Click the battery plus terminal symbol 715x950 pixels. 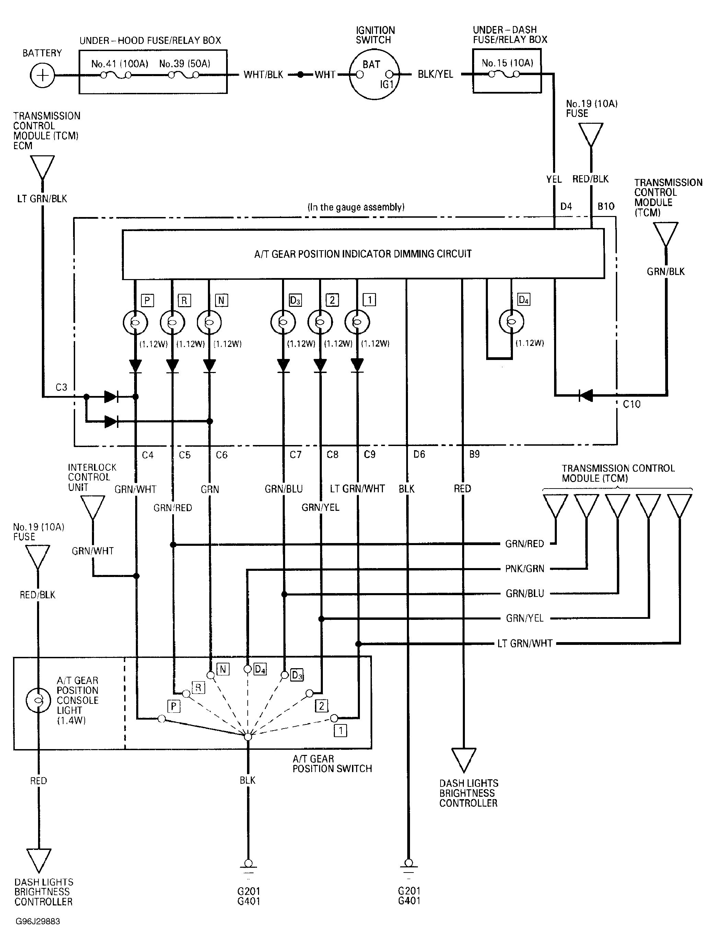click(x=42, y=75)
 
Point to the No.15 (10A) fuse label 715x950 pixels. click(x=507, y=63)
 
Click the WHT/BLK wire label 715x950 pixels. click(x=263, y=75)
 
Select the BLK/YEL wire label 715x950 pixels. click(x=435, y=74)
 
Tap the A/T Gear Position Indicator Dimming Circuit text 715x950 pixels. click(x=363, y=254)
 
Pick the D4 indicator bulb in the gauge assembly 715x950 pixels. click(x=511, y=322)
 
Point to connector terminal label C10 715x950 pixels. click(x=631, y=404)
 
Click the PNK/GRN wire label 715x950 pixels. click(x=525, y=569)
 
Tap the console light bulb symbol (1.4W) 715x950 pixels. click(x=38, y=700)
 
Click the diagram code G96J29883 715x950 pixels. click(x=38, y=922)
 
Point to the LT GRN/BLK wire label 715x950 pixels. click(x=42, y=199)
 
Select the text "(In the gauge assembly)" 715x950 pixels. click(x=356, y=207)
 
